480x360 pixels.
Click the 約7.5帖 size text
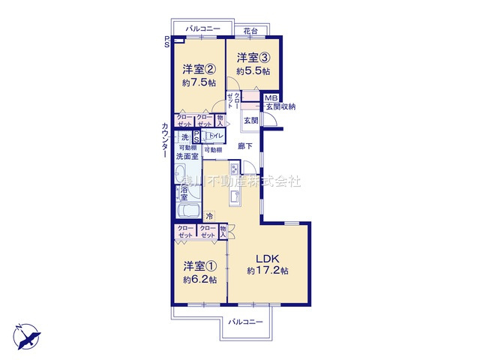(199, 83)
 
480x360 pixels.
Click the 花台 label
(249, 30)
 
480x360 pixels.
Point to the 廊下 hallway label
(245, 146)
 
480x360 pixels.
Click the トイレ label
(215, 136)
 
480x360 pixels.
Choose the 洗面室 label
(187, 157)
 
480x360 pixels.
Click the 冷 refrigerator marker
(210, 215)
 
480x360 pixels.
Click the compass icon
(24, 333)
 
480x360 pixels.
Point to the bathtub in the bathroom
(191, 211)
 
